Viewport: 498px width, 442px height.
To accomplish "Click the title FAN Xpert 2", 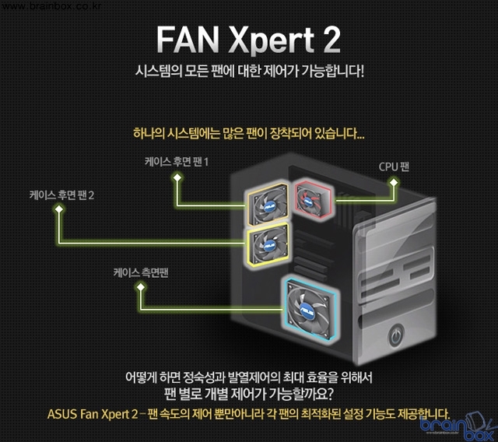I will tap(248, 39).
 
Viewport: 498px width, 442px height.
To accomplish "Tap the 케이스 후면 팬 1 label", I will tap(177, 161).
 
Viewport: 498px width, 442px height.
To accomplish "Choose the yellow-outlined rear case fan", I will tap(268, 244).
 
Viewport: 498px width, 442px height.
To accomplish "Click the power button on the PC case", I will tap(395, 336).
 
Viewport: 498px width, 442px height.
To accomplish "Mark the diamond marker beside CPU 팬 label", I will tap(395, 182).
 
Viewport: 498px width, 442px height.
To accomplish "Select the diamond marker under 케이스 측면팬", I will tap(141, 287).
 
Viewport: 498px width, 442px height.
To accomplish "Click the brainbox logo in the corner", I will tap(457, 425).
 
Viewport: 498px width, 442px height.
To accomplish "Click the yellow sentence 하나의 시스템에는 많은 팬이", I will tap(248, 133).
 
